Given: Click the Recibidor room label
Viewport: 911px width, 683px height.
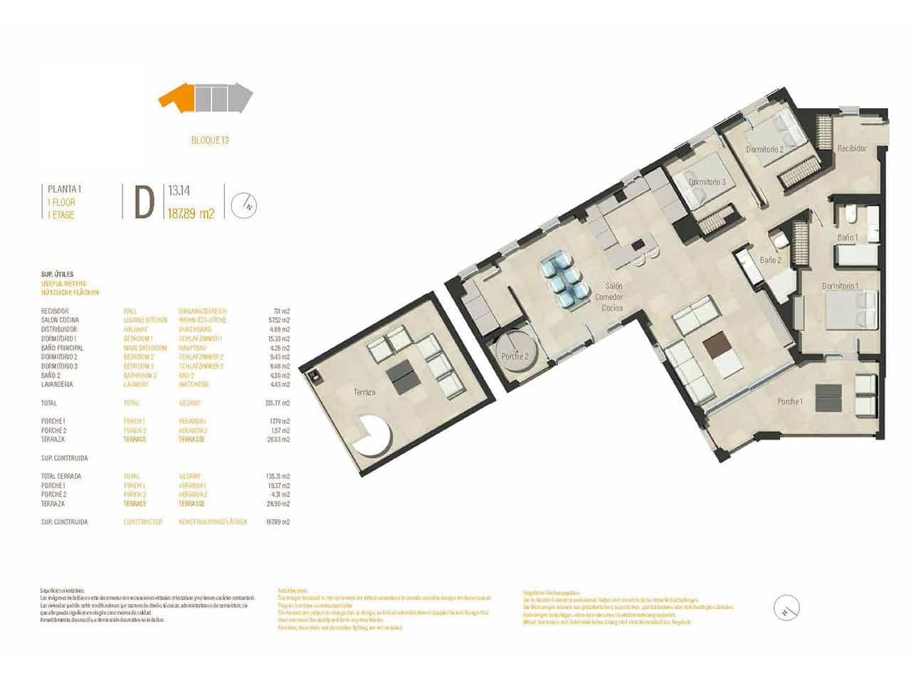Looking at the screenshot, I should coord(851,149).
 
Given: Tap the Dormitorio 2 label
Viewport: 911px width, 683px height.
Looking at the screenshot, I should coord(765,150).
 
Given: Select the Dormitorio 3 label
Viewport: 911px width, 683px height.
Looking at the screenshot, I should coord(707,182).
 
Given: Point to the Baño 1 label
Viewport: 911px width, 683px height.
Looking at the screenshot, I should coord(848,238).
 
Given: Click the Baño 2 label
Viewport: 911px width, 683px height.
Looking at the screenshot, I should coord(770,260).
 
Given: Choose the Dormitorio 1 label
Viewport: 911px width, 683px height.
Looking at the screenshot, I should coord(840,286).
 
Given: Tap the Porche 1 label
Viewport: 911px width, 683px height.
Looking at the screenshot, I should coord(790,402).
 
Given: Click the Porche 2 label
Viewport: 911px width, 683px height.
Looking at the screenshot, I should coord(515,356).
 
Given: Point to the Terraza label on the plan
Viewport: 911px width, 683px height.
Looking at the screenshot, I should coord(364,392).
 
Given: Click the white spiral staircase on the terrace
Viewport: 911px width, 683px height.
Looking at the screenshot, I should coord(374,435).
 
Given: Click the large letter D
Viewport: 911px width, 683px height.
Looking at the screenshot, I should coord(144,203).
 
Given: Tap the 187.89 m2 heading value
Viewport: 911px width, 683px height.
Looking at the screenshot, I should coord(191,212).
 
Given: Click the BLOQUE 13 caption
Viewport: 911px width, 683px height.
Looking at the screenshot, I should coord(210,140).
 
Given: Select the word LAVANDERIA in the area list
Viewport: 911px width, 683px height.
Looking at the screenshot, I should coord(56,385).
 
